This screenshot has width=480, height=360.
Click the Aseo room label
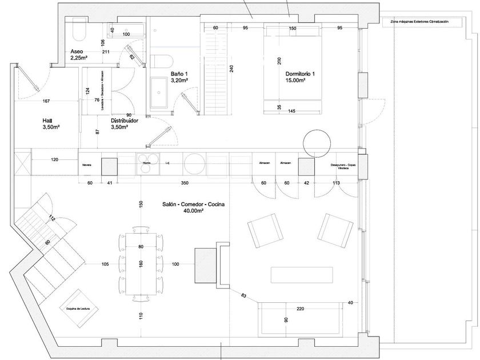[x=77, y=50]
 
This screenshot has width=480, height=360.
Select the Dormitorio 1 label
[x=301, y=74]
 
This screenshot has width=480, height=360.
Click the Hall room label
[x=48, y=121]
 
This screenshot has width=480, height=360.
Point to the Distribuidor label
[x=126, y=121]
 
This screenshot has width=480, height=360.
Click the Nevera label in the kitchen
[x=87, y=163]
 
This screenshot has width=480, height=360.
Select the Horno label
[x=146, y=163]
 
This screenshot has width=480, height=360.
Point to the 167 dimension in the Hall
[x=47, y=102]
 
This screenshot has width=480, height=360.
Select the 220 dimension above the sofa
[x=301, y=309]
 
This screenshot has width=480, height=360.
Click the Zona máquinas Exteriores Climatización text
[x=419, y=22]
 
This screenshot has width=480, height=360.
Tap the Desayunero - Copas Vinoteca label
[x=343, y=166]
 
